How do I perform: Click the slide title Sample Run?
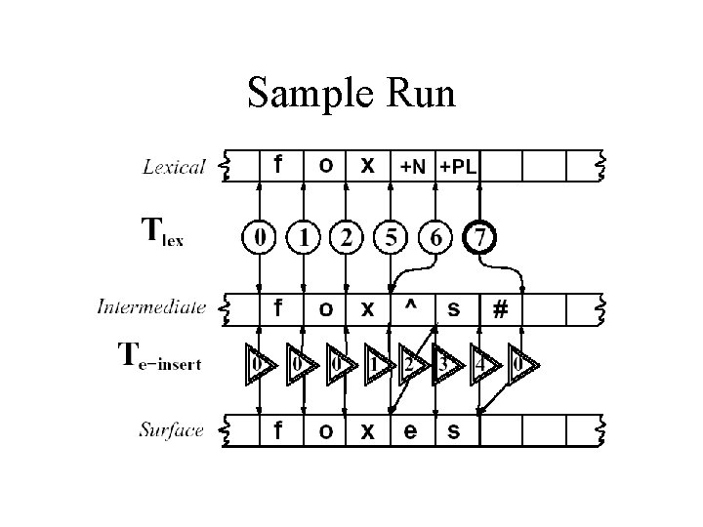[351, 94]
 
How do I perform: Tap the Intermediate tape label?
[151, 307]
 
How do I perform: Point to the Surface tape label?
[171, 429]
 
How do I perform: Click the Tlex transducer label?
[162, 233]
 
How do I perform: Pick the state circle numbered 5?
[392, 237]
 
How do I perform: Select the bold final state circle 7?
[479, 237]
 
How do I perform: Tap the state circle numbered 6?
[435, 237]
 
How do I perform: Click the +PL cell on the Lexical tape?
[458, 167]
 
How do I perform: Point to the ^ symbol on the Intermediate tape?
[411, 305]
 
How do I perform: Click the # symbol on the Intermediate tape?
[500, 309]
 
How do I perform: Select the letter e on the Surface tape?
[411, 430]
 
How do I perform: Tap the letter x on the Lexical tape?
[367, 165]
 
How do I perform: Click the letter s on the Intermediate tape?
[454, 309]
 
